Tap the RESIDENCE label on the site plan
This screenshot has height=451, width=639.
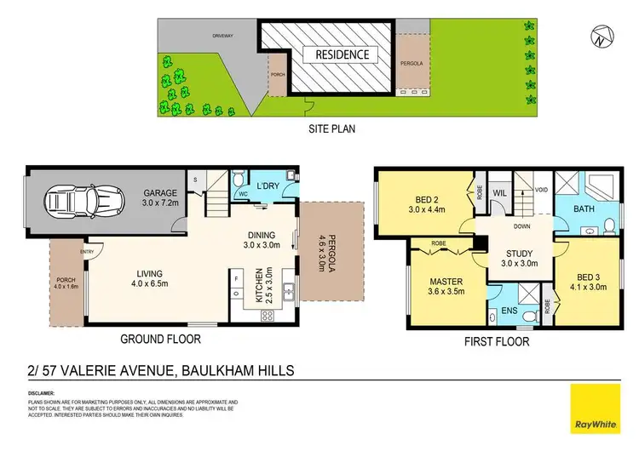point(337,54)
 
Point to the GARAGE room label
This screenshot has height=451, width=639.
point(158,193)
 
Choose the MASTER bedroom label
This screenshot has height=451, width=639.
point(439,283)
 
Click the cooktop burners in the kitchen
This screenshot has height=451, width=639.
point(266,316)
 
